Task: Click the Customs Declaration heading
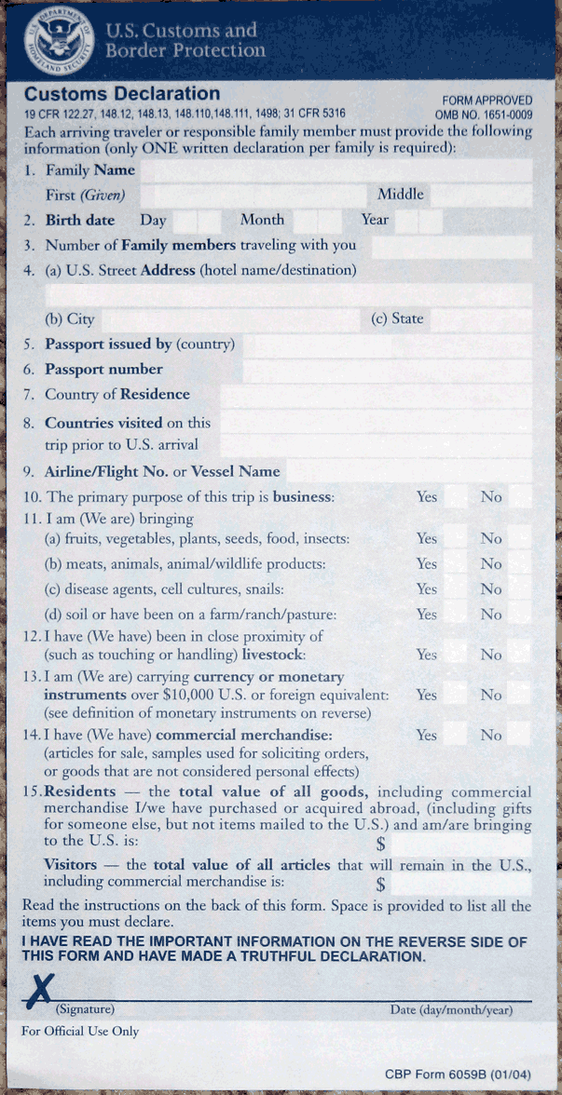coord(122,94)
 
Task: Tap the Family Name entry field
coord(336,170)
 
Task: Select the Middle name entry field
coord(480,196)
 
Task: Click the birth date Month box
coord(318,221)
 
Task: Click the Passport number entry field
coord(387,371)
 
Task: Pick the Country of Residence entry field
coord(376,396)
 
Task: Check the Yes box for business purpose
coord(455,497)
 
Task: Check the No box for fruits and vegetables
coord(519,539)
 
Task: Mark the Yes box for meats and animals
coord(455,564)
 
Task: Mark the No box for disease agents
coord(519,589)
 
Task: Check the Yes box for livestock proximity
coord(455,655)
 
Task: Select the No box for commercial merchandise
coord(519,736)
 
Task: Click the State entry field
coord(480,319)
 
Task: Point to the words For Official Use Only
coord(79,1031)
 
